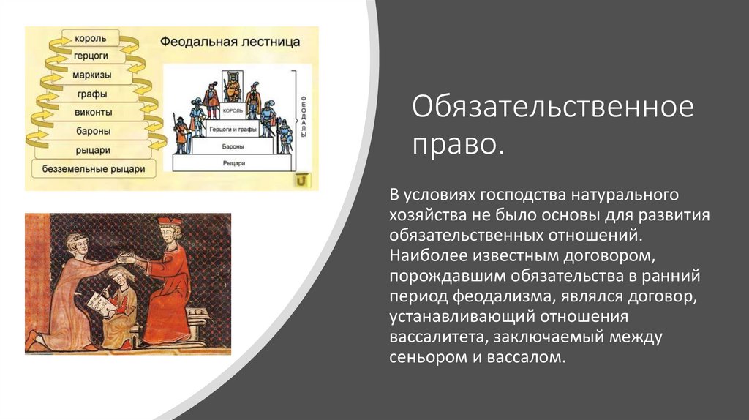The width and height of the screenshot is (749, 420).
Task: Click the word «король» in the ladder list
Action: click(90, 38)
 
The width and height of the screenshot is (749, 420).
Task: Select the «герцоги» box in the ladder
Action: click(91, 56)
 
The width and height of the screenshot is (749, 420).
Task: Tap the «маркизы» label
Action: click(91, 75)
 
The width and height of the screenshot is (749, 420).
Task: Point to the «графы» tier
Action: click(91, 94)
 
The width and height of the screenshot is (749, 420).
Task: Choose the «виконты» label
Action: click(93, 113)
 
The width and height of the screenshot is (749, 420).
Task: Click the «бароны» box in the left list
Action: click(93, 131)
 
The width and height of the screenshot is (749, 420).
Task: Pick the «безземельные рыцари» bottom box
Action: click(94, 169)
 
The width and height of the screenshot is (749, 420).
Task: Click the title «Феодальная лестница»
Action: click(230, 42)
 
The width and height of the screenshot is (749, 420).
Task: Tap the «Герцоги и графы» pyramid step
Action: click(233, 129)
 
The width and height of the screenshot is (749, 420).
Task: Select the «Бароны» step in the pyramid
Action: click(233, 146)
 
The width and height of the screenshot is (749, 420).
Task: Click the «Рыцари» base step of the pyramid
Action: click(233, 163)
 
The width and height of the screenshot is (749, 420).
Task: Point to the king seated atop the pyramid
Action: click(233, 87)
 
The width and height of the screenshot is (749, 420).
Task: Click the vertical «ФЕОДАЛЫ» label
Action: click(304, 117)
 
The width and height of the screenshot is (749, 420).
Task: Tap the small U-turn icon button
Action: click(301, 181)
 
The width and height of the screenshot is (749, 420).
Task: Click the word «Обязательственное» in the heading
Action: click(553, 107)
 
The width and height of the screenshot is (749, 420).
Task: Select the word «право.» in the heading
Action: click(458, 144)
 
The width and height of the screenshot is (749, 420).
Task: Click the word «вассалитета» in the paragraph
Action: click(437, 337)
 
